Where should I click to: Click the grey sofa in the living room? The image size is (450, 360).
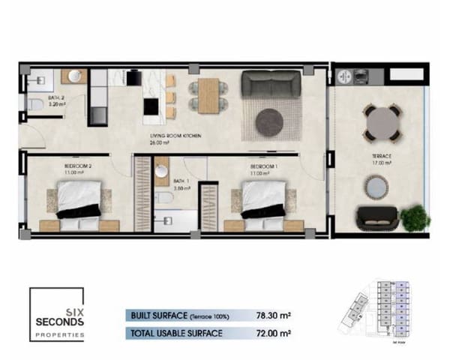click(268, 84)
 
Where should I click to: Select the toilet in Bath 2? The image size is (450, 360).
click(35, 105)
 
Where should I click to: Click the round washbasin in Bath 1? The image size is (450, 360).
click(161, 172)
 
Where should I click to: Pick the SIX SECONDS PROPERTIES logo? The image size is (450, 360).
click(57, 316)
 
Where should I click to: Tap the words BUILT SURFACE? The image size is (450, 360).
click(159, 315)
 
